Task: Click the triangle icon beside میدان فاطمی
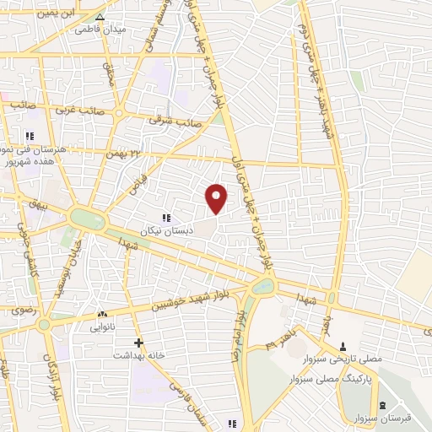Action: [x=100, y=16]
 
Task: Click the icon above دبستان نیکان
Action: [x=177, y=218]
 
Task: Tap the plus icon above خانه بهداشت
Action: [x=139, y=343]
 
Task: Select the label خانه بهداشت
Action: [x=139, y=355]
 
